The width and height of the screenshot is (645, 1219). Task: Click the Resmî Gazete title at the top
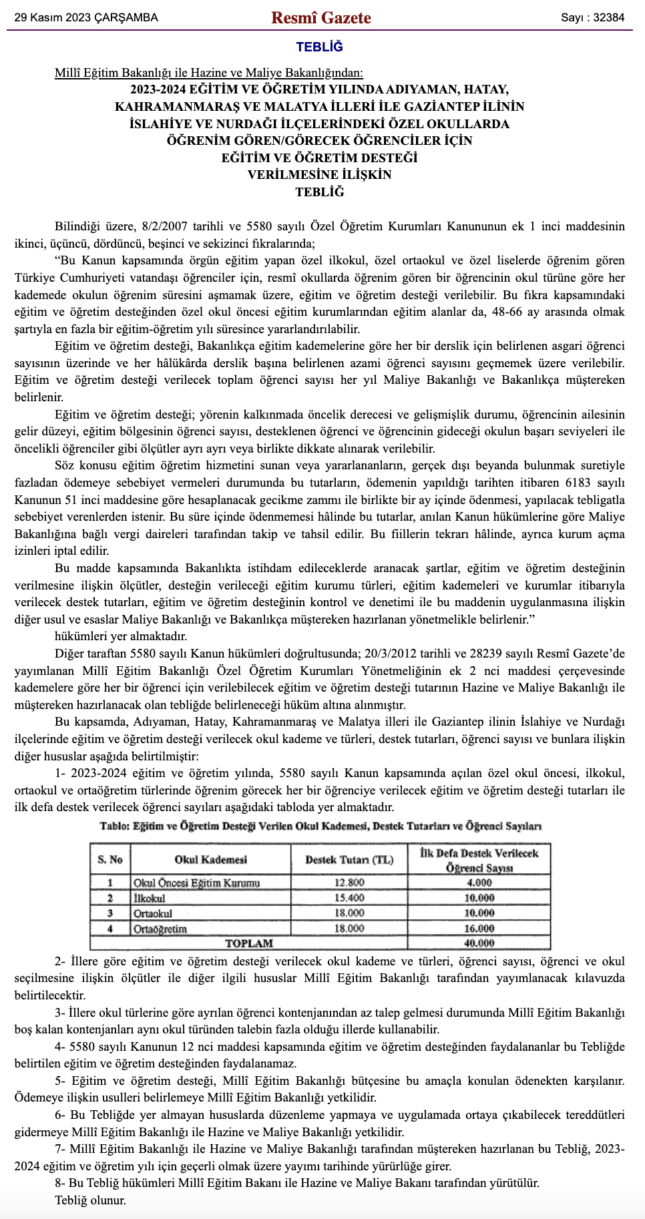(321, 18)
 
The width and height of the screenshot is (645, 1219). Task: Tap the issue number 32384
(608, 18)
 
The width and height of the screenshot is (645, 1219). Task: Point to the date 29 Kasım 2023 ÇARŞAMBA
(86, 18)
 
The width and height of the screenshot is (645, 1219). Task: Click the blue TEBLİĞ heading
(320, 47)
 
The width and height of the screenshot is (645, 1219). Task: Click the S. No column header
(110, 859)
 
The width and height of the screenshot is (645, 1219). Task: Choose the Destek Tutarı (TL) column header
(349, 859)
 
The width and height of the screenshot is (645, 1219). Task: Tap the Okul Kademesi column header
(210, 859)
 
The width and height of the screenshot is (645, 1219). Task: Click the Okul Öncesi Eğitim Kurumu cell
(196, 883)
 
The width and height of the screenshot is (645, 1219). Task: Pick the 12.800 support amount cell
(349, 883)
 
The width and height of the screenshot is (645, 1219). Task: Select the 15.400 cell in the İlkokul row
(349, 898)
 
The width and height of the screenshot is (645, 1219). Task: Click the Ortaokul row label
(153, 913)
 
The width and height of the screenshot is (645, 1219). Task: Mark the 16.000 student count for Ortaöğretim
(479, 929)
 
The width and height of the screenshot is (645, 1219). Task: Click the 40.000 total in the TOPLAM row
(479, 943)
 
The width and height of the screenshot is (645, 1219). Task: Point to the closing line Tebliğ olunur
(90, 1200)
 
